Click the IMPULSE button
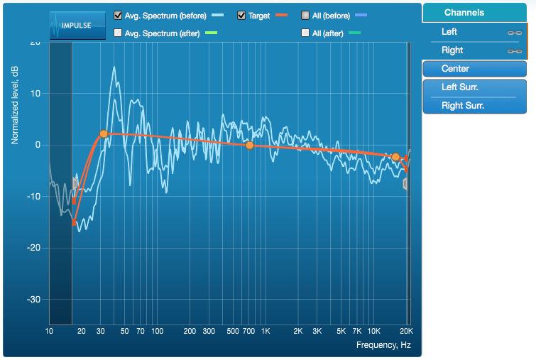(77, 26)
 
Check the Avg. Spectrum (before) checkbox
(118, 16)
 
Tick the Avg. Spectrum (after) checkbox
(118, 33)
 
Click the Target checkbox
(241, 16)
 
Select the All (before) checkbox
(305, 16)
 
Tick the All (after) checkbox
(305, 33)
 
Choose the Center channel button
(474, 69)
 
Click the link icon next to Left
(515, 33)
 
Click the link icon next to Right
(515, 51)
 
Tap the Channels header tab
(474, 13)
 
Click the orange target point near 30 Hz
(104, 134)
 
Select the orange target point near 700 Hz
(249, 146)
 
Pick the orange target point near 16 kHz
(395, 157)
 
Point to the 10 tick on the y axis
(35, 94)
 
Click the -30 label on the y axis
(34, 300)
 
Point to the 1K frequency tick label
(266, 332)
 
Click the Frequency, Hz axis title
(383, 345)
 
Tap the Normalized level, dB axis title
(15, 105)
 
